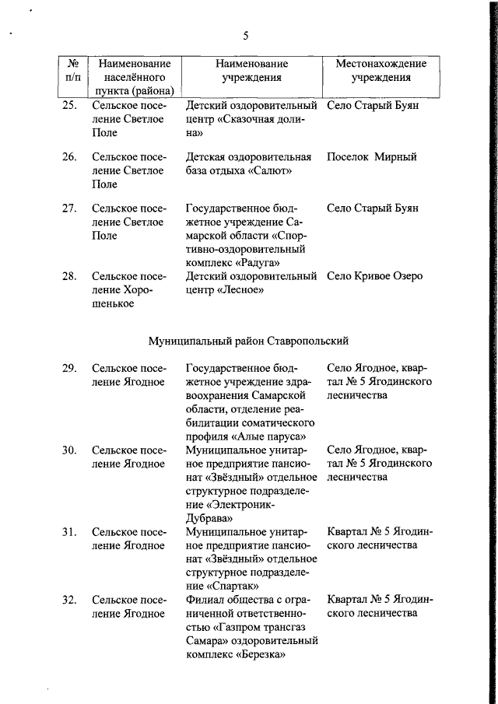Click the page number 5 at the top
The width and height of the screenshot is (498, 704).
point(245,36)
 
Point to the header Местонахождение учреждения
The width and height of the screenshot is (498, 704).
point(381,71)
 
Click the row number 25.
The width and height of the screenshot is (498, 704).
point(69,105)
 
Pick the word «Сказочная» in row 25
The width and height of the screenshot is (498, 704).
point(247,119)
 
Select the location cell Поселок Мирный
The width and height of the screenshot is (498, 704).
point(372,156)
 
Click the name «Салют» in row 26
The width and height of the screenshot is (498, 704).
point(269,170)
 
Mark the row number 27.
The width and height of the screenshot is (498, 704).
point(69,208)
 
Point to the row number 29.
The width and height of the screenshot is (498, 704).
point(69,367)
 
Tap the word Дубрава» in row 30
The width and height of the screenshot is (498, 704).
point(209,517)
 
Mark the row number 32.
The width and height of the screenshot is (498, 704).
point(69,599)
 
